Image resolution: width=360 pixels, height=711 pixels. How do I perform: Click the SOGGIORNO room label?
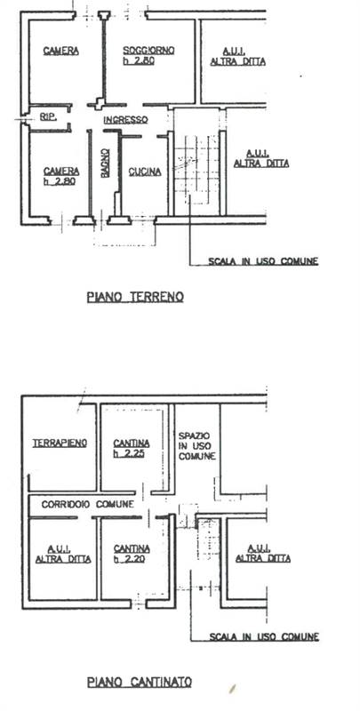pyautogui.click(x=148, y=51)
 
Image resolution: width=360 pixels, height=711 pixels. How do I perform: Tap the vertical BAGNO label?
pyautogui.click(x=105, y=164)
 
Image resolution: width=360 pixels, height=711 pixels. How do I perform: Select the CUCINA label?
pyautogui.click(x=145, y=172)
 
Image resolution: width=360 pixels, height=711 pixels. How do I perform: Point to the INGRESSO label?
pyautogui.click(x=125, y=120)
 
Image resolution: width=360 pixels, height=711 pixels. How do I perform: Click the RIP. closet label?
pyautogui.click(x=48, y=117)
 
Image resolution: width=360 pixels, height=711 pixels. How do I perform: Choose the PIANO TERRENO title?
pyautogui.click(x=135, y=297)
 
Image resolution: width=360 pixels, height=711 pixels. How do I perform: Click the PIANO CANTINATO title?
pyautogui.click(x=140, y=682)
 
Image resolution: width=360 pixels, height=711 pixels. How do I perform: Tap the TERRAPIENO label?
pyautogui.click(x=60, y=443)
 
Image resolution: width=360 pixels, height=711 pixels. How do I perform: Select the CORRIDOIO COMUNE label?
pyautogui.click(x=87, y=504)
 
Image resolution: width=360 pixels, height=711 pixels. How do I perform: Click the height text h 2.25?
pyautogui.click(x=129, y=453)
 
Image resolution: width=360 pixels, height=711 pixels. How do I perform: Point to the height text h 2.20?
pyautogui.click(x=129, y=559)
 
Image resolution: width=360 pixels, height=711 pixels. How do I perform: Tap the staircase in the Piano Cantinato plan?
pyautogui.click(x=209, y=539)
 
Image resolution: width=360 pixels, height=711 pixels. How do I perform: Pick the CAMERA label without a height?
pyautogui.click(x=61, y=51)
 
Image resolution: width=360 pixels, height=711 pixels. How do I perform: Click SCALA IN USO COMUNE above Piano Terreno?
pyautogui.click(x=263, y=261)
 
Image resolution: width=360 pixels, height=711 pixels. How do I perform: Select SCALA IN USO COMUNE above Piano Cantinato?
pyautogui.click(x=264, y=637)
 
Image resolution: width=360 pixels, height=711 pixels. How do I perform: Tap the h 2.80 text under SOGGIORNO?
pyautogui.click(x=139, y=60)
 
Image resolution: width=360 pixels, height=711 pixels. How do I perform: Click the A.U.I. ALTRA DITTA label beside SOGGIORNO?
pyautogui.click(x=237, y=57)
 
